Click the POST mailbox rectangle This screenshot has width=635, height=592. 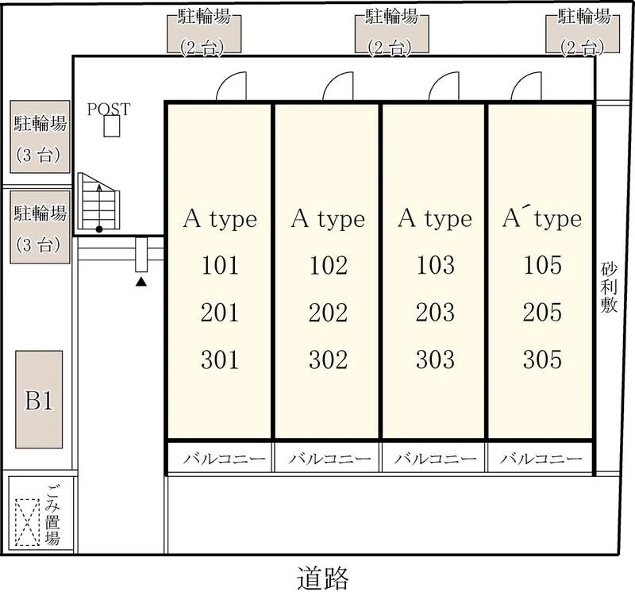coord(111,126)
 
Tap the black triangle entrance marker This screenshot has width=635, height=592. coord(141,282)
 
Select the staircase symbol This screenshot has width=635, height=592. coord(98,202)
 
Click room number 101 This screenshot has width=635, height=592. coord(220,266)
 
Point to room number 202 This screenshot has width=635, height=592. coord(328,313)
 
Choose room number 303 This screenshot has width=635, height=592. coord(435,359)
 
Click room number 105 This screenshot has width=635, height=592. coord(542,265)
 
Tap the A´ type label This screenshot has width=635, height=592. coord(542,219)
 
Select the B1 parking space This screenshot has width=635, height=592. coord(39,399)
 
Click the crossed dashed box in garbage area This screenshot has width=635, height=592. coord(28,522)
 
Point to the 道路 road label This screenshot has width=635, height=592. coord(323,578)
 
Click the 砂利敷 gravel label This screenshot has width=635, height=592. coord(609,288)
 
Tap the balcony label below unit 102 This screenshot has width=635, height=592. coord(329,459)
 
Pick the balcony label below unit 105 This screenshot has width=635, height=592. coord(541,459)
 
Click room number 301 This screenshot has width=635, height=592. coord(220,360)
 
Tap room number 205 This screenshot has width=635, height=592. coord(542,313)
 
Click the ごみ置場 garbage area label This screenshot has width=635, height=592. coord(52,515)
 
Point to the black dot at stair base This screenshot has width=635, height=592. coord(98,229)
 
